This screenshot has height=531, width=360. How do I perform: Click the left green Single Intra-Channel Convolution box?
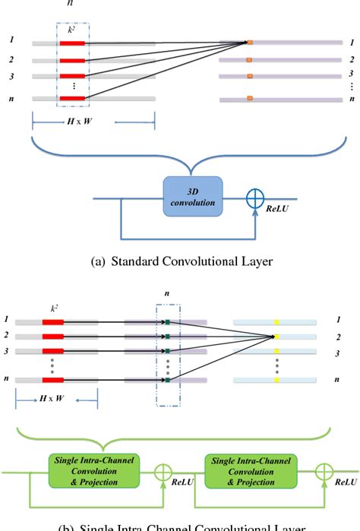click(96, 470)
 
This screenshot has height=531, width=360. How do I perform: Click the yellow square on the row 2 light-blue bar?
click(274, 335)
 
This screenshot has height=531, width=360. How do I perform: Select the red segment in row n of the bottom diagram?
click(52, 379)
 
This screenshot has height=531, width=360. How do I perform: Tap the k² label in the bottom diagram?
click(52, 311)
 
